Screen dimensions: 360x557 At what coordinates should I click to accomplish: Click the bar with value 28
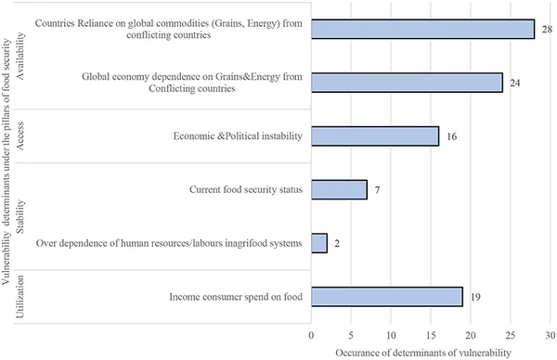(x=422, y=29)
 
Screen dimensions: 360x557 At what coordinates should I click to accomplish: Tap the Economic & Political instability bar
(x=375, y=136)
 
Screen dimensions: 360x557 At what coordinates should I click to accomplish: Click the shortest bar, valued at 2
(x=319, y=243)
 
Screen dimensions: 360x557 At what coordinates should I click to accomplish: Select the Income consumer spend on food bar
(x=387, y=297)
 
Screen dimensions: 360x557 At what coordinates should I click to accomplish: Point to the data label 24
(x=514, y=83)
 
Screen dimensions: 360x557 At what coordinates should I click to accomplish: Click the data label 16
(x=451, y=136)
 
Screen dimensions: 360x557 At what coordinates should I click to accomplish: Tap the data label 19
(x=475, y=297)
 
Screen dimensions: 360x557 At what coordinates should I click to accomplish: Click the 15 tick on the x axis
(x=431, y=331)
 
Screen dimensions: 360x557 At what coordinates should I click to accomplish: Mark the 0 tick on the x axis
(x=312, y=331)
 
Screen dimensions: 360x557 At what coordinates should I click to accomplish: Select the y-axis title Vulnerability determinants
(x=8, y=186)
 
